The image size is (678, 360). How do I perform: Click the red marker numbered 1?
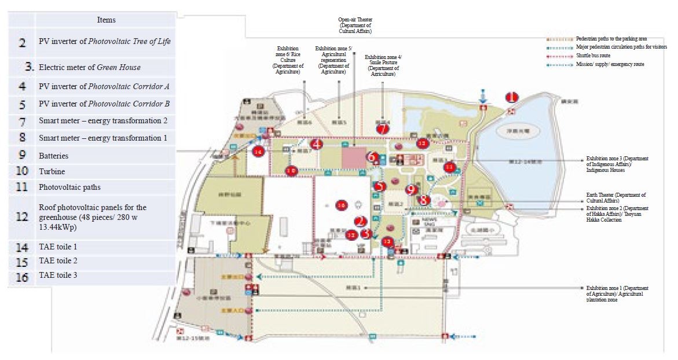tap(511, 97)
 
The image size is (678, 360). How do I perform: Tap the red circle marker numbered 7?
tap(382, 128)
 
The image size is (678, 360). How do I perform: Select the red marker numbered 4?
tap(316, 144)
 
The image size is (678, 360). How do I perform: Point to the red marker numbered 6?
tap(373, 157)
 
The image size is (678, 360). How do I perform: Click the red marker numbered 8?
tap(424, 200)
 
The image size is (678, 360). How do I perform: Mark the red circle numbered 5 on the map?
tap(379, 186)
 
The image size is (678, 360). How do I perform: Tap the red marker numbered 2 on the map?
tap(361, 221)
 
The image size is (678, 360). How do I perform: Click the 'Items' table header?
tap(106, 20)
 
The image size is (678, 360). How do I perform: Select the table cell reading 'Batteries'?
tap(53, 156)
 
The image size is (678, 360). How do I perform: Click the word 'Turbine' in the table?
tap(52, 172)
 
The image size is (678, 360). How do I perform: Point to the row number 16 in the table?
tap(22, 277)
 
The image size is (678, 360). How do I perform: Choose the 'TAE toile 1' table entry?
tap(58, 247)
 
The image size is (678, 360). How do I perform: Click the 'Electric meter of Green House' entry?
tap(89, 67)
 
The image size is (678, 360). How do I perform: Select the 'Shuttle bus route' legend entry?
tap(593, 56)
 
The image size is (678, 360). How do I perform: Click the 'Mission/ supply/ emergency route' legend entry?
tap(610, 64)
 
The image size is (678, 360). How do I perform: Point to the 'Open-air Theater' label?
tap(354, 25)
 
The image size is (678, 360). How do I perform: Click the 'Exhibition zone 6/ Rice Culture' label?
tap(288, 59)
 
